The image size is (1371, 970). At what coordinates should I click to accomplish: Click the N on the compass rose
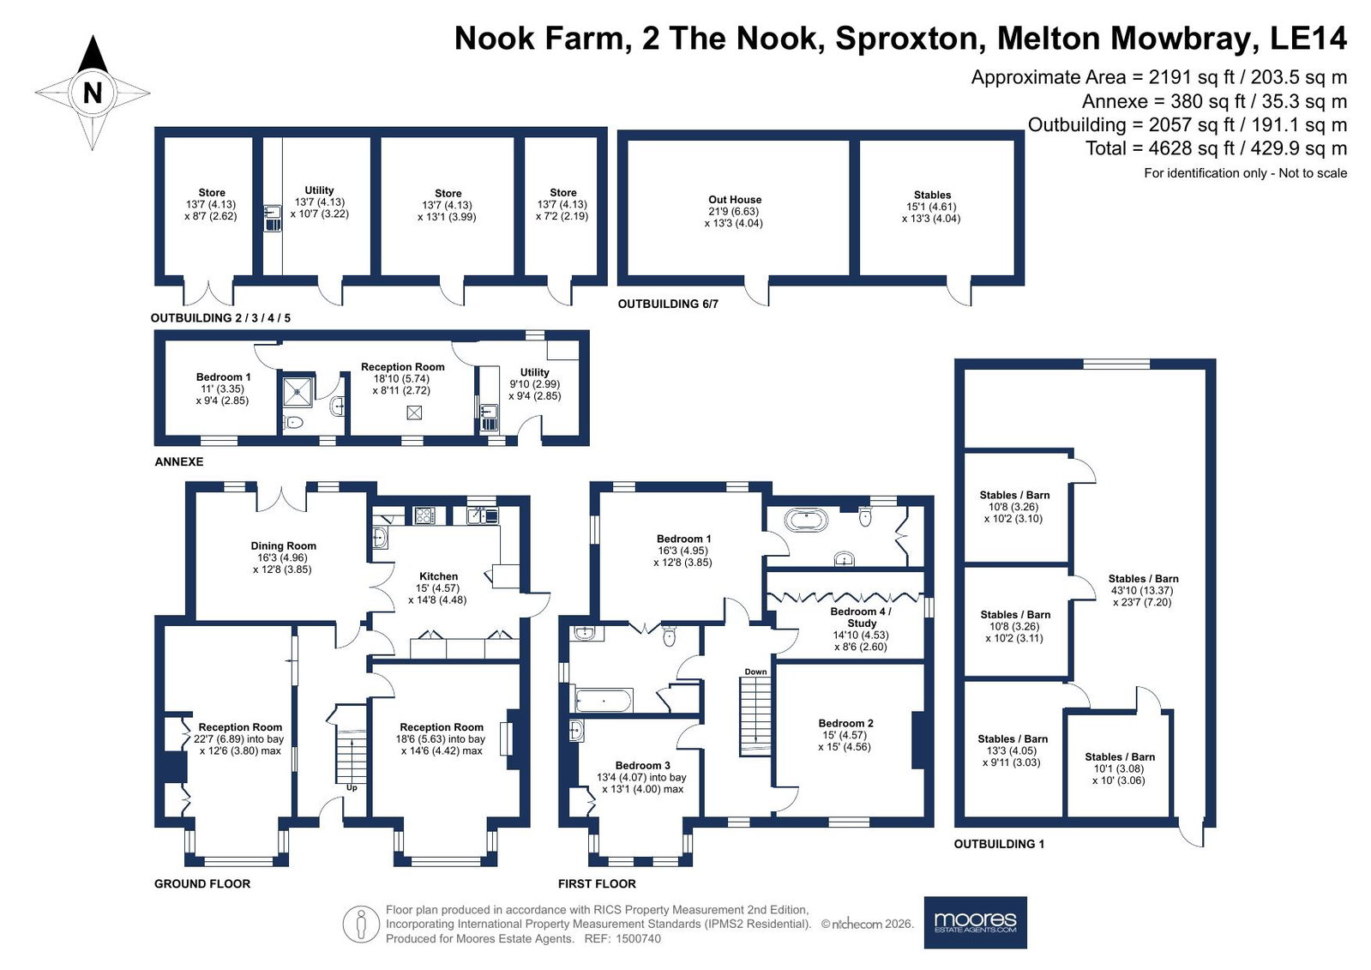tap(93, 93)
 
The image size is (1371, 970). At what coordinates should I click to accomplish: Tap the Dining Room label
tap(284, 545)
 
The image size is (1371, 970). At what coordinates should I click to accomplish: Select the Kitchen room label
tap(438, 576)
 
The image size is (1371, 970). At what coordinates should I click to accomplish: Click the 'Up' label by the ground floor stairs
tap(352, 787)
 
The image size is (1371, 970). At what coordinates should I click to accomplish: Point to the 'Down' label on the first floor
tap(756, 672)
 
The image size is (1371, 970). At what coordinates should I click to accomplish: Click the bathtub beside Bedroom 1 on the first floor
tap(807, 521)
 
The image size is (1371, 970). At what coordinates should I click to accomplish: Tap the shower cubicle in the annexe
tap(298, 393)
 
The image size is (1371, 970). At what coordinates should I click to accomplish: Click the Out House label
tap(735, 200)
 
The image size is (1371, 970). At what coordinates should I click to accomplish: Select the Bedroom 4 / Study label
tap(861, 618)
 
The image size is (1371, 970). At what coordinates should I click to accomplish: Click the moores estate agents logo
tap(976, 922)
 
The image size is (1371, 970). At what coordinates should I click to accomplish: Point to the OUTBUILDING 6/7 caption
tap(668, 304)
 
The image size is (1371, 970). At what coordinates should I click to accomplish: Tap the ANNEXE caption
tap(178, 461)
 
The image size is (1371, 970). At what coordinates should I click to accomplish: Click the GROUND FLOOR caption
tap(202, 883)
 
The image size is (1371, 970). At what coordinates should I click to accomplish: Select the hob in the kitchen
tap(424, 515)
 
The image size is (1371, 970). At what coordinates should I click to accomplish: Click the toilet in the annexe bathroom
tap(294, 422)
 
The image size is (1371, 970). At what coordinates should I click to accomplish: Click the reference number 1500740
tap(639, 938)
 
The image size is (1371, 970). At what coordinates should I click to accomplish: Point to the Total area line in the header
tap(1216, 148)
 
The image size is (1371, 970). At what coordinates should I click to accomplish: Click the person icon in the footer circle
tap(361, 924)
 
